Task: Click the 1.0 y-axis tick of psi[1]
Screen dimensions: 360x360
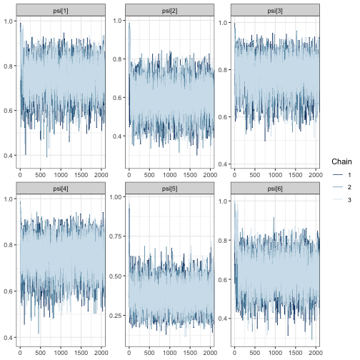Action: tap(9, 23)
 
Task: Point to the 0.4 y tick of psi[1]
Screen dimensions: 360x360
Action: tap(9, 156)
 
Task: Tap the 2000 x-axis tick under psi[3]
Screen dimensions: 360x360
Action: tap(313, 174)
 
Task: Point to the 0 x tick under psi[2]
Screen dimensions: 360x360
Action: tap(129, 174)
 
